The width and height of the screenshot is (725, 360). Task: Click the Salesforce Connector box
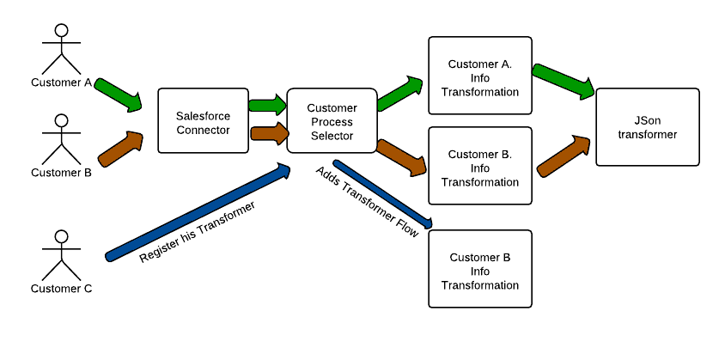pos(203,122)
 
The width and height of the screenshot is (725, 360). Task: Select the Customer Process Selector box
pos(332,121)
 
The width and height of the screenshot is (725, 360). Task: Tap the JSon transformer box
pos(647,127)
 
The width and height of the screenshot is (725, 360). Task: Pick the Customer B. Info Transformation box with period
pos(480,167)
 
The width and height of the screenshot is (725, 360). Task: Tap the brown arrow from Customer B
pos(120,149)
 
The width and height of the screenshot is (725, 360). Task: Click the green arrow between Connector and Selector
pos(267,105)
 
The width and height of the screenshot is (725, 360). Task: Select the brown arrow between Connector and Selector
pos(267,133)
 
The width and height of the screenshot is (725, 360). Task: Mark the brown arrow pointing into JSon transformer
pos(564,155)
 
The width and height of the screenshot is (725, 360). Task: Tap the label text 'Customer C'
pos(61,289)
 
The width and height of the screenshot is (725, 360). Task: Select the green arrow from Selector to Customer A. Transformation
pos(400,93)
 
